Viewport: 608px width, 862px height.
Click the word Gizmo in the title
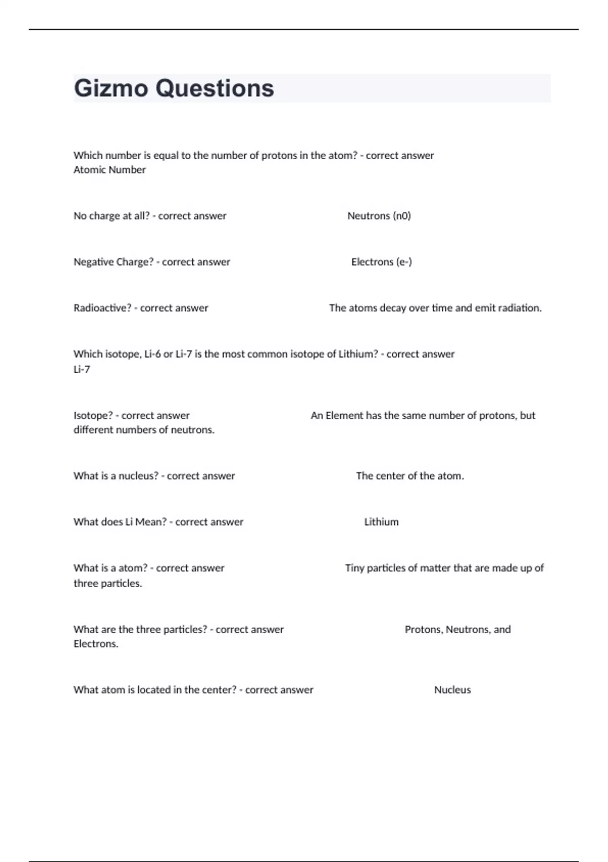[111, 89]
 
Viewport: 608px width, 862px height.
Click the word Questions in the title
[215, 89]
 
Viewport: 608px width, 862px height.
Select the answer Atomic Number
[109, 170]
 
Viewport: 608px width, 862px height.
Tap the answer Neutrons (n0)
[379, 216]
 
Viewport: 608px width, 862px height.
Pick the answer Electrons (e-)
[382, 262]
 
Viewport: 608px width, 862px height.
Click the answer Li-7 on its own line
[82, 370]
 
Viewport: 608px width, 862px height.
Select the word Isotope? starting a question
[93, 416]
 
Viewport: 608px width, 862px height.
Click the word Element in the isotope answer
[344, 416]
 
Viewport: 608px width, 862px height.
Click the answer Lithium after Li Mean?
[382, 522]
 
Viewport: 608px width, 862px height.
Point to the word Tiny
[355, 568]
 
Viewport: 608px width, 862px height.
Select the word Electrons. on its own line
[96, 644]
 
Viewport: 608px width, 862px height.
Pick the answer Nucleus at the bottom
[452, 690]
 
